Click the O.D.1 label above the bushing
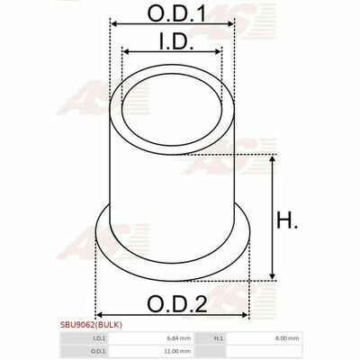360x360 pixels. pyautogui.click(x=177, y=13)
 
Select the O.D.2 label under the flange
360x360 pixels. pyautogui.click(x=177, y=304)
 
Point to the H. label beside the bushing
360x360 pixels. pyautogui.click(x=287, y=220)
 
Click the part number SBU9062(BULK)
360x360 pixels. pyautogui.click(x=91, y=325)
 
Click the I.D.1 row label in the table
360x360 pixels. pyautogui.click(x=99, y=338)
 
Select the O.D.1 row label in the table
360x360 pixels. pyautogui.click(x=98, y=351)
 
